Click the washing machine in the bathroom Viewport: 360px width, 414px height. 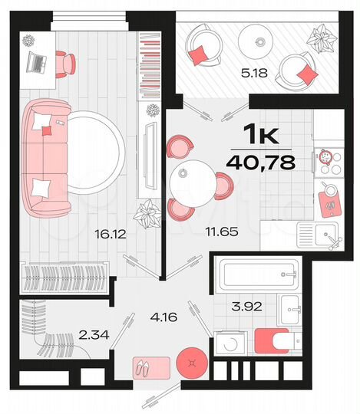point(228,343)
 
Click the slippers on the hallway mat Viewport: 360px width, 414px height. point(143,368)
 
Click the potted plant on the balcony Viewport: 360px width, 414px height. point(317,36)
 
